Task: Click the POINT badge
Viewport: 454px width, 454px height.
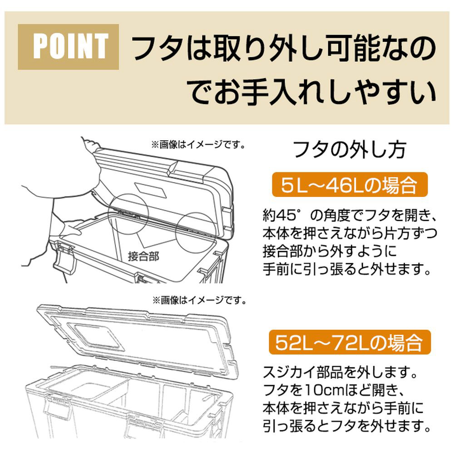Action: click(69, 47)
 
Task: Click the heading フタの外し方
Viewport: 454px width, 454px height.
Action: click(350, 149)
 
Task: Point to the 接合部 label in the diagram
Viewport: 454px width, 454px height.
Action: click(143, 257)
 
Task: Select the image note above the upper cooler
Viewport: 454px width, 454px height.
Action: click(198, 144)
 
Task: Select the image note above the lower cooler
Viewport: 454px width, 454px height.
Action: click(199, 301)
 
